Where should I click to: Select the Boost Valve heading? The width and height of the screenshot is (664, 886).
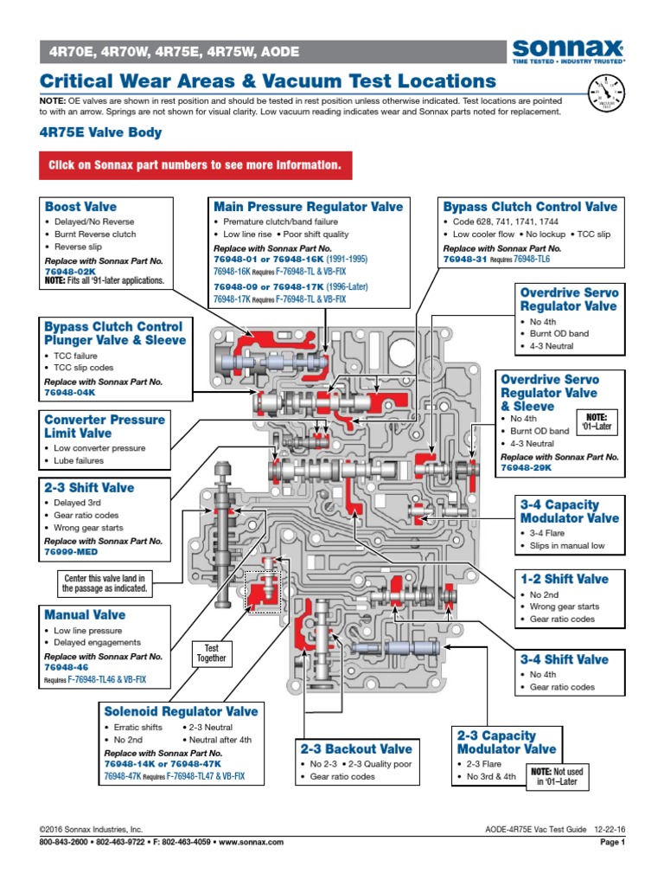[x=80, y=207]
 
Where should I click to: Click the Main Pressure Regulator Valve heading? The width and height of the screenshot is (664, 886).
[x=308, y=207]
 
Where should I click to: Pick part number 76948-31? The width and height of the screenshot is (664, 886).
[x=464, y=259]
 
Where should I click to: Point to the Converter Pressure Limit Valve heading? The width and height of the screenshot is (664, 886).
[x=105, y=426]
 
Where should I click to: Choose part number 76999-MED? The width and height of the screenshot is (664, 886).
[x=73, y=551]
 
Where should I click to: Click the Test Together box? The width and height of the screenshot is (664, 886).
[x=211, y=653]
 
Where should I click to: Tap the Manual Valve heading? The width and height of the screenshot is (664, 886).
[x=85, y=615]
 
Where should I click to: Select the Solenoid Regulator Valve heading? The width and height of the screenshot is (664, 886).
[x=181, y=711]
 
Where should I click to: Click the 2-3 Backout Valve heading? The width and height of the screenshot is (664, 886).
[x=355, y=748]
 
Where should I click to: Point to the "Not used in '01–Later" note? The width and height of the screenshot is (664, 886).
[x=554, y=776]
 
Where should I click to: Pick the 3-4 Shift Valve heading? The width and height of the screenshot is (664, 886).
[x=564, y=659]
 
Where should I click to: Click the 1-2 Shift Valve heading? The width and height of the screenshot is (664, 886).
[x=564, y=579]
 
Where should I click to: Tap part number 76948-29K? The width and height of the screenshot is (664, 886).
[x=526, y=468]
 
